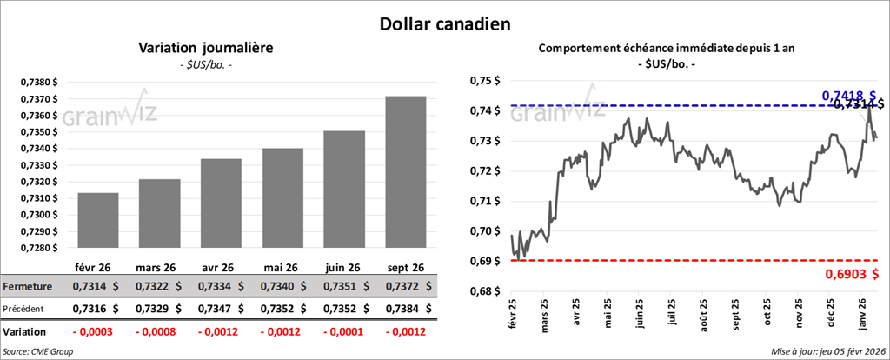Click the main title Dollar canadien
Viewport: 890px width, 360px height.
(x=444, y=22)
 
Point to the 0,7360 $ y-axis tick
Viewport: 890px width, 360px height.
(x=38, y=116)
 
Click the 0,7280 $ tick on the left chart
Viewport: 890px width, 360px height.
(x=38, y=248)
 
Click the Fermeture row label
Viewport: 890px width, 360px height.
(x=28, y=286)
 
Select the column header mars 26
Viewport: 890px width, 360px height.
(x=157, y=267)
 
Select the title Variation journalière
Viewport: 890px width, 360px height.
(x=206, y=49)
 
